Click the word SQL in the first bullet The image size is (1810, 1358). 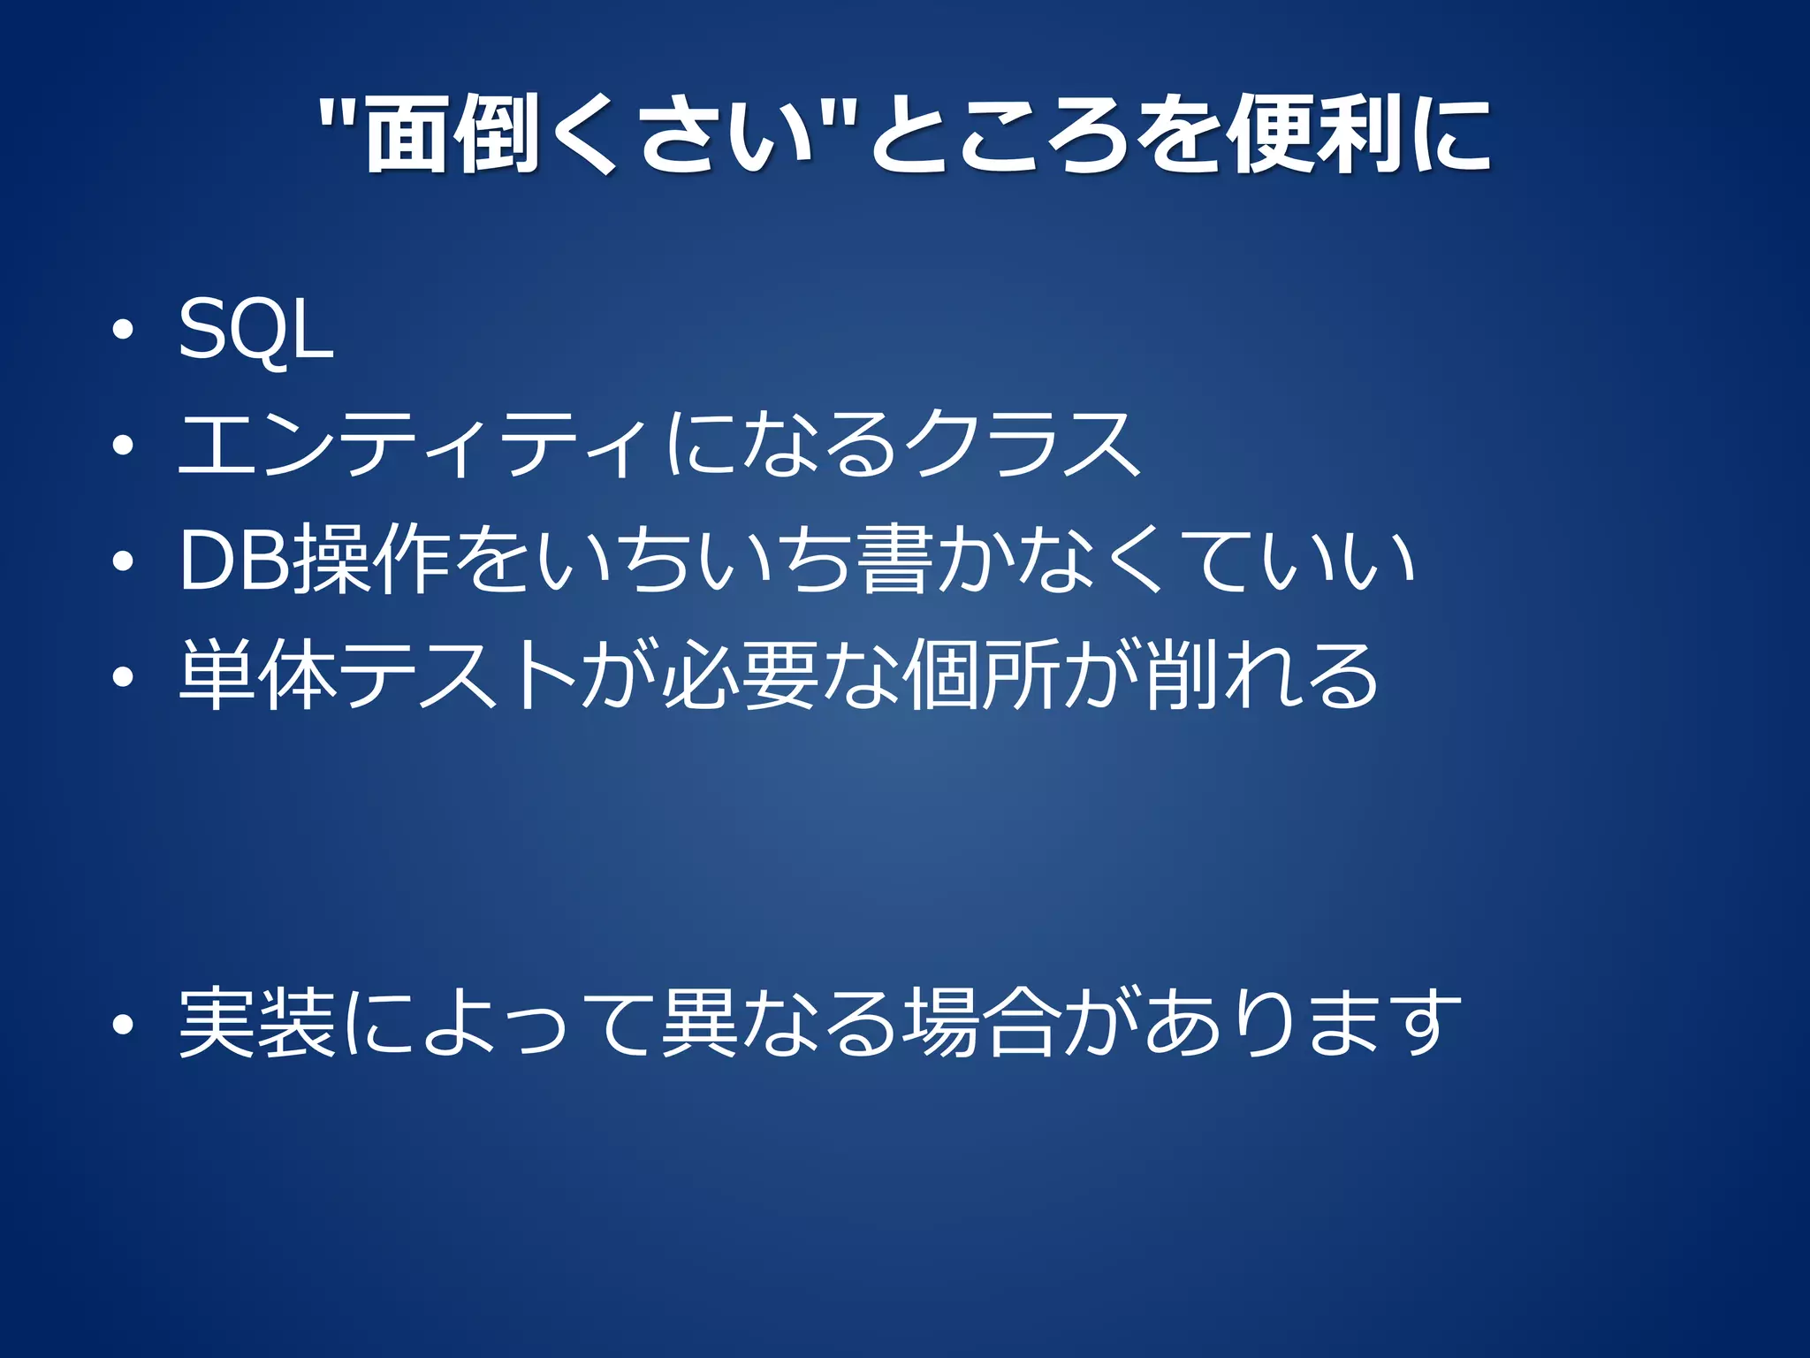[x=255, y=330]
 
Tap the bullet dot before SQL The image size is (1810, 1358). [x=123, y=331]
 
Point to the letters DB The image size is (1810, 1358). [x=237, y=561]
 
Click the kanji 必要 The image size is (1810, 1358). [x=739, y=676]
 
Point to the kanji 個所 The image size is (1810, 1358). [x=981, y=676]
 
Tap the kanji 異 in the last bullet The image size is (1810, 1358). [x=698, y=1023]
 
